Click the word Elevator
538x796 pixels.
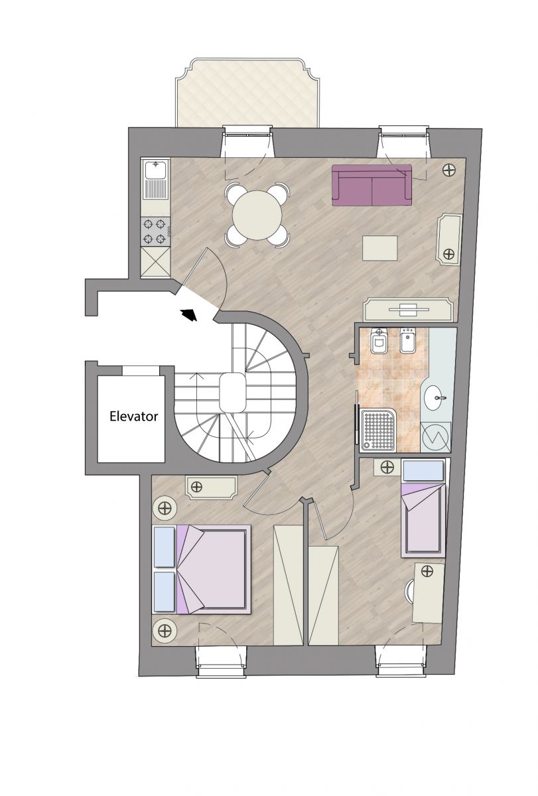133,416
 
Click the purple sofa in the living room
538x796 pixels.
371,185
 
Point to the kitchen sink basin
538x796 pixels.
156,169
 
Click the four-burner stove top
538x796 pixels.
156,232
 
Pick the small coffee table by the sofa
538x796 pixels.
380,248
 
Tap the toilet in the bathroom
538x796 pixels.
379,341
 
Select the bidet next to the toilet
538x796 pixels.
409,341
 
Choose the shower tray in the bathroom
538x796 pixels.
377,431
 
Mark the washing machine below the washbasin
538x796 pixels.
435,437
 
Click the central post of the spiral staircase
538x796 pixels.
233,393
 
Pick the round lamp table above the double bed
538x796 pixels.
165,508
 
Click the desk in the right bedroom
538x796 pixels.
428,593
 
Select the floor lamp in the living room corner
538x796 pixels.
450,170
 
